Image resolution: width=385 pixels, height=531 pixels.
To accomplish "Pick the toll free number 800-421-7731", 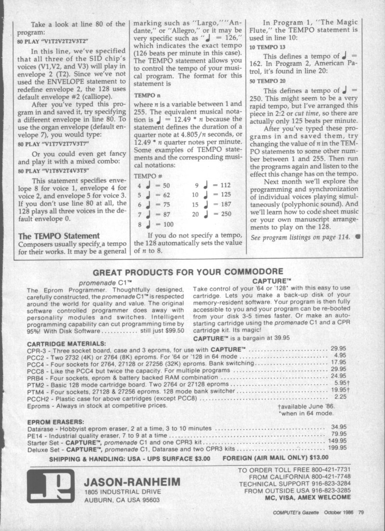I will tap(327, 470).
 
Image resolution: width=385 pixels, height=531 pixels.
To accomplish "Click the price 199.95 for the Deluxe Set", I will tap(337, 448).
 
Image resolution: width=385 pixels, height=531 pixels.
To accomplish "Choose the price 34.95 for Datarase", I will tap(338, 427).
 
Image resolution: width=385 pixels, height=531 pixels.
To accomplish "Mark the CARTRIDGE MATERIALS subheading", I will tap(66, 344).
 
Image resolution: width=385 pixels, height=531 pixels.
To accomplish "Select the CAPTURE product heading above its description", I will tap(272, 279).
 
